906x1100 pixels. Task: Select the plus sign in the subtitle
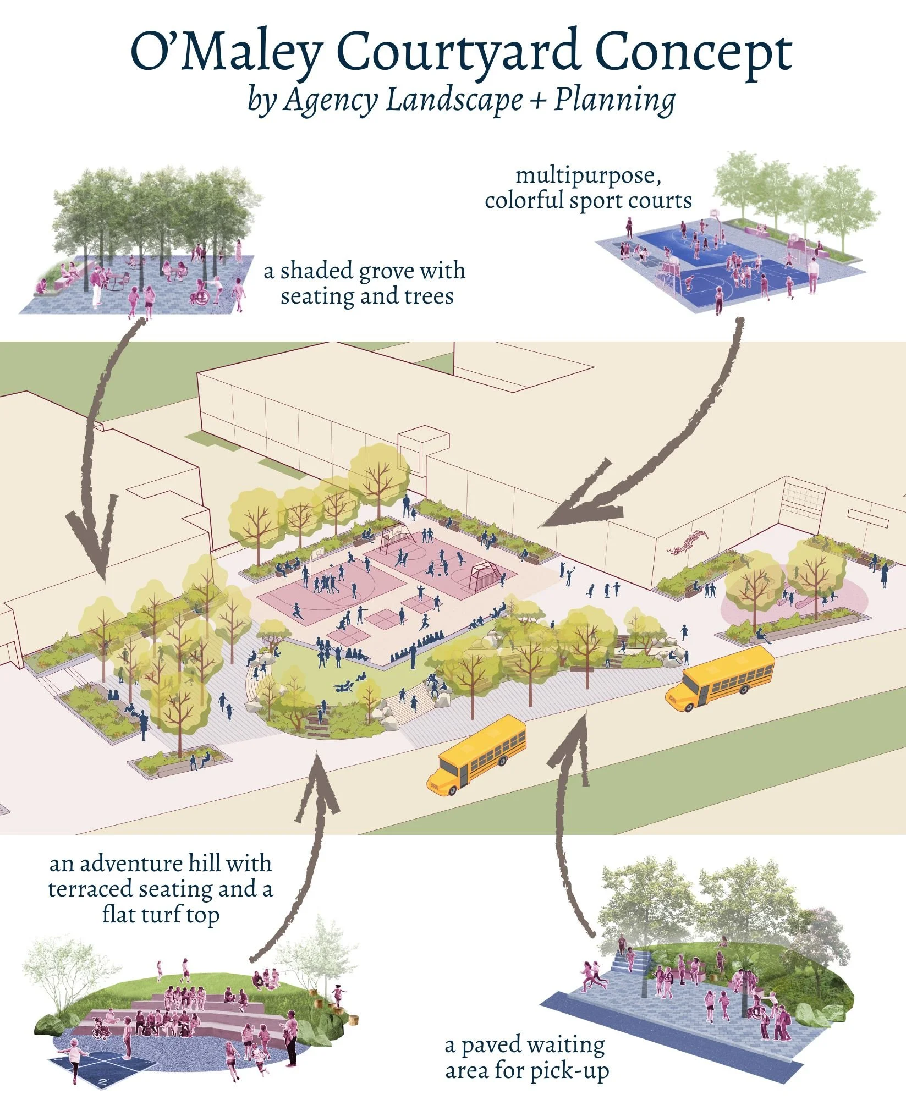pyautogui.click(x=538, y=101)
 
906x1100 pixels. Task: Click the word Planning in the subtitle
pyautogui.click(x=614, y=101)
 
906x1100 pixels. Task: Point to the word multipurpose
pyautogui.click(x=588, y=176)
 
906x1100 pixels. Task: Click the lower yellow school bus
pyautogui.click(x=476, y=754)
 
